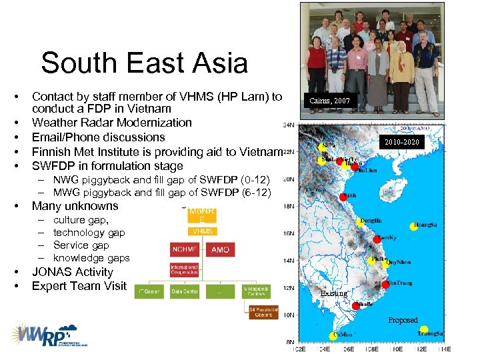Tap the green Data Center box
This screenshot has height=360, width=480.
point(187,291)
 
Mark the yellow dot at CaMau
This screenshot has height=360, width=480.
point(333,336)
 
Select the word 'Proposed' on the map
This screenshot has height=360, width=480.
point(403,320)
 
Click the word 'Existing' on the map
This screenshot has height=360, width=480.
point(333,293)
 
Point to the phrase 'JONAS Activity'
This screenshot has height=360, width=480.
point(73,272)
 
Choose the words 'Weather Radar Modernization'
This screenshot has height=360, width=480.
point(112,123)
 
